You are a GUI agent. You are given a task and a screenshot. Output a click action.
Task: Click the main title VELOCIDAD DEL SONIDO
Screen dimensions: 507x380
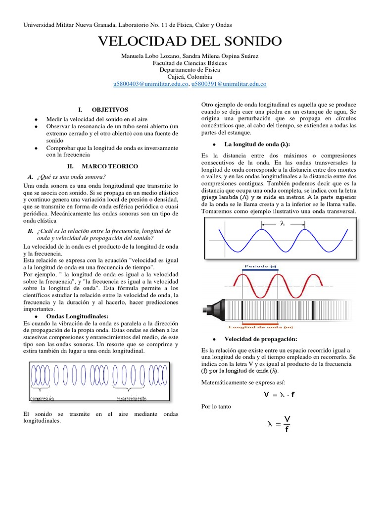190,41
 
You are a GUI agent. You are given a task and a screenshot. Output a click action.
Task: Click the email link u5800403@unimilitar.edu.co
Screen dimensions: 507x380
151,84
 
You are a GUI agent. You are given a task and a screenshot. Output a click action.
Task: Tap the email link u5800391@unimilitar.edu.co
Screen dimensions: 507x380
229,84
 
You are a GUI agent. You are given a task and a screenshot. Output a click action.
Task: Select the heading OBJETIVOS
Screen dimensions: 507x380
109,109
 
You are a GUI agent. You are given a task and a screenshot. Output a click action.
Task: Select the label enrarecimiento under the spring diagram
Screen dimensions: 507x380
131,398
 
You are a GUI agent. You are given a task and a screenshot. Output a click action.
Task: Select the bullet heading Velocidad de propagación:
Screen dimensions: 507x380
260,339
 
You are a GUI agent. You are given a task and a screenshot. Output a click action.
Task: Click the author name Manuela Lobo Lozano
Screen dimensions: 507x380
151,56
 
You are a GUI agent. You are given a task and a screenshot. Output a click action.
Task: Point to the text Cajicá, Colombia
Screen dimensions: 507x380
190,77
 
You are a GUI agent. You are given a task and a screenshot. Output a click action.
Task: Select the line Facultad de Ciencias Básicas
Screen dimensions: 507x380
190,63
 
